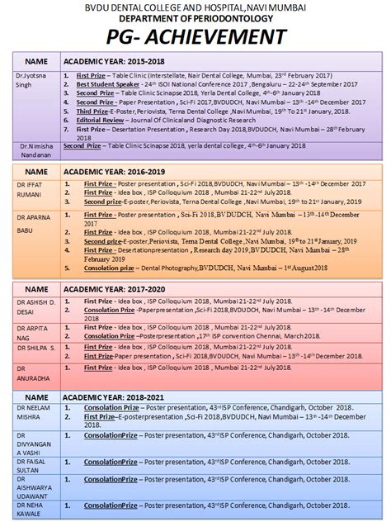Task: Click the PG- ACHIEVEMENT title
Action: (195, 36)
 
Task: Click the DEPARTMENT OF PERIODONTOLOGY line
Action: (195, 18)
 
